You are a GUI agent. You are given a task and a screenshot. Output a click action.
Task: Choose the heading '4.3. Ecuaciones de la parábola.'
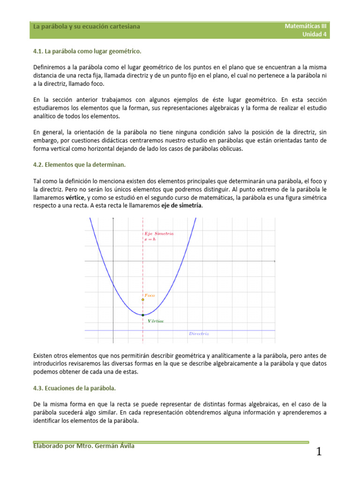(x=75, y=388)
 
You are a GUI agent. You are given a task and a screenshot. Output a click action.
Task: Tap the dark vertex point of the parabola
(x=142, y=315)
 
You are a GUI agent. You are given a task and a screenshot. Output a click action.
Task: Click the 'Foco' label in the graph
(x=150, y=295)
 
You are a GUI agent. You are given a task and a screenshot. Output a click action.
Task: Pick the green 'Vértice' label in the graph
(x=156, y=321)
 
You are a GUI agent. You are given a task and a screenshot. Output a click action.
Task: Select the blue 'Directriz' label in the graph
(x=199, y=334)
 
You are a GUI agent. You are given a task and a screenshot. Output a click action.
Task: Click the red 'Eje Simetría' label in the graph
(x=159, y=233)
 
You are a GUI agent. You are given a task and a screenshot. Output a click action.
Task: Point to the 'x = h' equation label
(x=150, y=239)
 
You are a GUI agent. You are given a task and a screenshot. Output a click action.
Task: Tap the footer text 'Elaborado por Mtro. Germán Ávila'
(x=83, y=446)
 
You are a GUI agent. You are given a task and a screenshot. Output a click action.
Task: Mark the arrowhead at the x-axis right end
(x=274, y=261)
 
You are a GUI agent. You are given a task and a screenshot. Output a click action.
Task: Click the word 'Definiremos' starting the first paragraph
(x=49, y=67)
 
